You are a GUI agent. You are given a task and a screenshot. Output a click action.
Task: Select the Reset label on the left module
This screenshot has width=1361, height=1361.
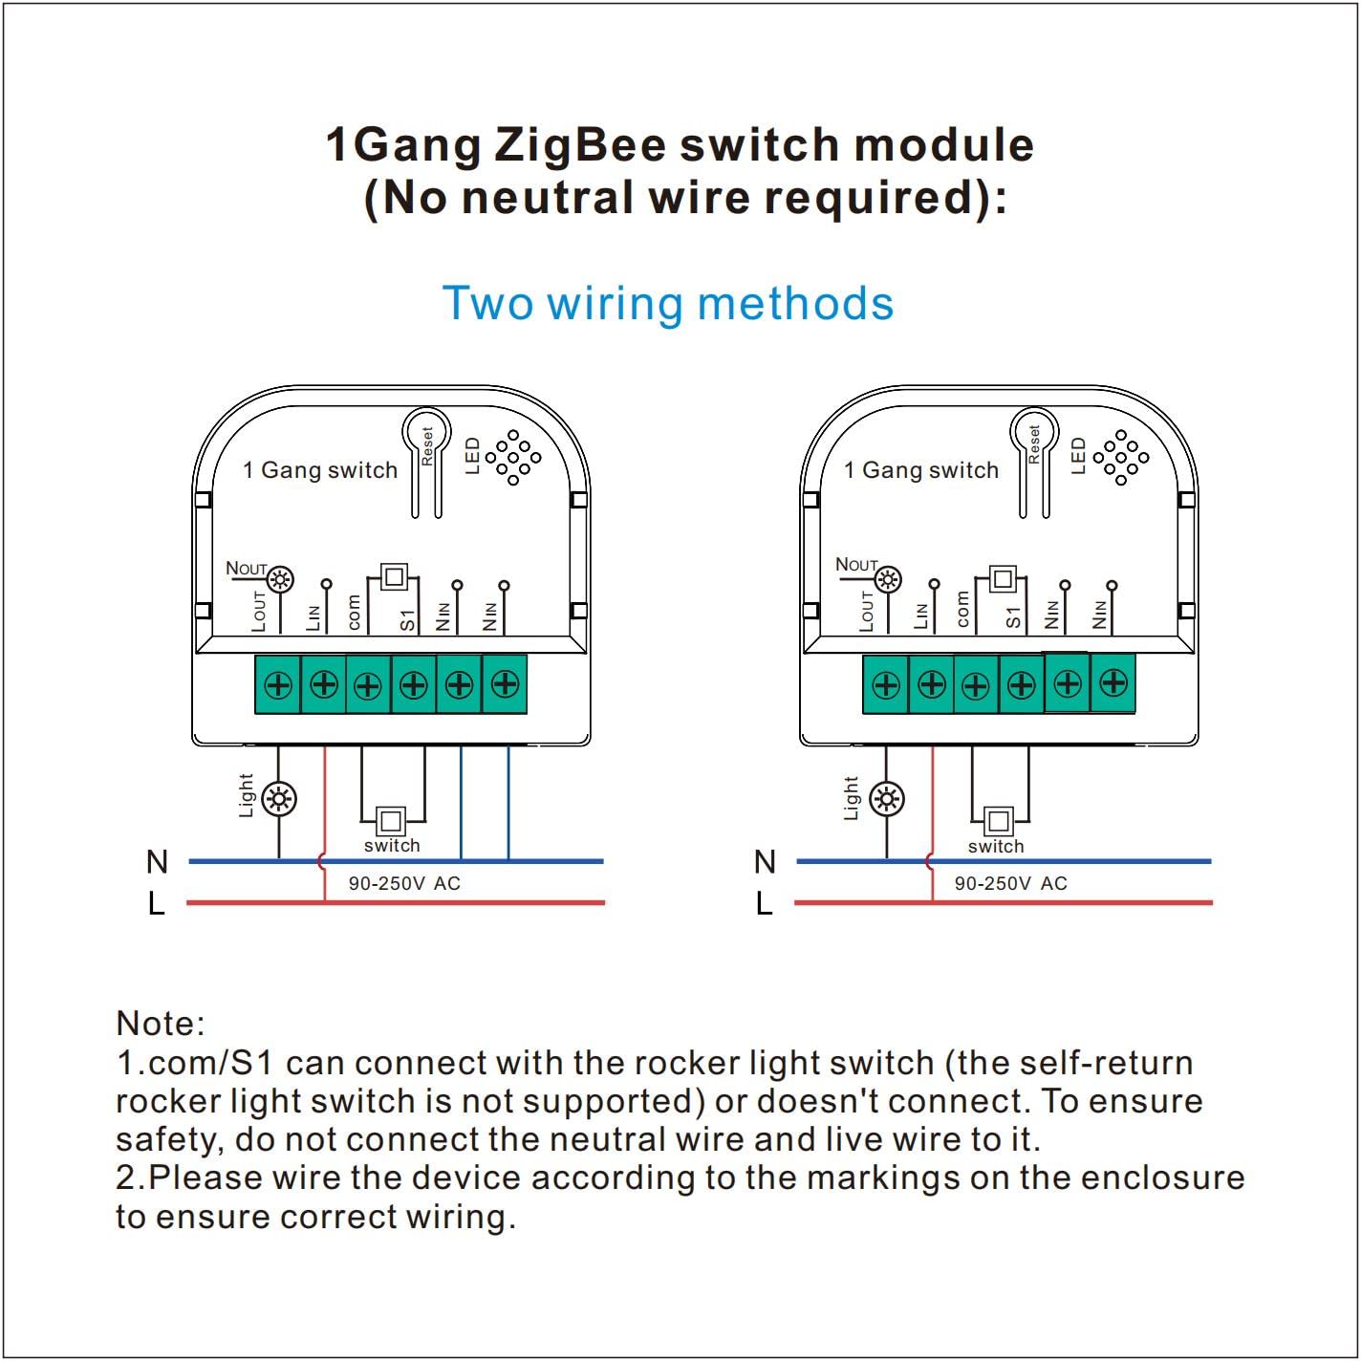coord(427,446)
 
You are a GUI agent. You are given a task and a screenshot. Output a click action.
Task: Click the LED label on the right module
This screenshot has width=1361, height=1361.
coord(1079,456)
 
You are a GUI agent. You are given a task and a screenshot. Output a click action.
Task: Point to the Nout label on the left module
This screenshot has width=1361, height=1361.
coord(246,569)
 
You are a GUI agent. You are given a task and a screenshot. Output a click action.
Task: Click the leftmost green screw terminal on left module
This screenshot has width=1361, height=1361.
coord(278,684)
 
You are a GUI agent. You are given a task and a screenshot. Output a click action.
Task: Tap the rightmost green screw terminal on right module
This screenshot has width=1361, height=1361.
coord(1113,683)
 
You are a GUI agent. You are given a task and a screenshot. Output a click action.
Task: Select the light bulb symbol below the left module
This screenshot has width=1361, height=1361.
coord(279,799)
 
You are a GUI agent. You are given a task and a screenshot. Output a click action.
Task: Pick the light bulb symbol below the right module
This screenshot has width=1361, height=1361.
coord(888,799)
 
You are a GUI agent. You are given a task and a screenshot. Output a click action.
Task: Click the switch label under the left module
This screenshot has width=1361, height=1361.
coord(392,846)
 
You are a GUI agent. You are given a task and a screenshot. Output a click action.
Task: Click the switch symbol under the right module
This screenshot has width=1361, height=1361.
coord(999,821)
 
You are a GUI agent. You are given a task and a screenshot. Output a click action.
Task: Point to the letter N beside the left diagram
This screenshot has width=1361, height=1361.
coord(157,862)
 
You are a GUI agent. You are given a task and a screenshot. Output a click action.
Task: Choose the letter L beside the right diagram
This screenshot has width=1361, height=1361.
coord(764,903)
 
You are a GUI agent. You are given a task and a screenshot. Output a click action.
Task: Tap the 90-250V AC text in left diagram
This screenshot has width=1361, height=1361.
coord(404,884)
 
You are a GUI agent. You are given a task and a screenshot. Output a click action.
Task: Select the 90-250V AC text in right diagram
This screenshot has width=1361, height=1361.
coord(1011,884)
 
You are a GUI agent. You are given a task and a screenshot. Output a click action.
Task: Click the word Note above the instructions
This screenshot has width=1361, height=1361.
coord(160,1024)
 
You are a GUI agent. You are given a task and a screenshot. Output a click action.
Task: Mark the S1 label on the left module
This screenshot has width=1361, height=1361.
coord(408,619)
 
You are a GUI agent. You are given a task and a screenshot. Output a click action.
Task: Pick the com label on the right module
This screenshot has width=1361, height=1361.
coord(961,611)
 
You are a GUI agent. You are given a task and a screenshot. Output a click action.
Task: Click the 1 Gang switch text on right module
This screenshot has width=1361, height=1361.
coord(920,470)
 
